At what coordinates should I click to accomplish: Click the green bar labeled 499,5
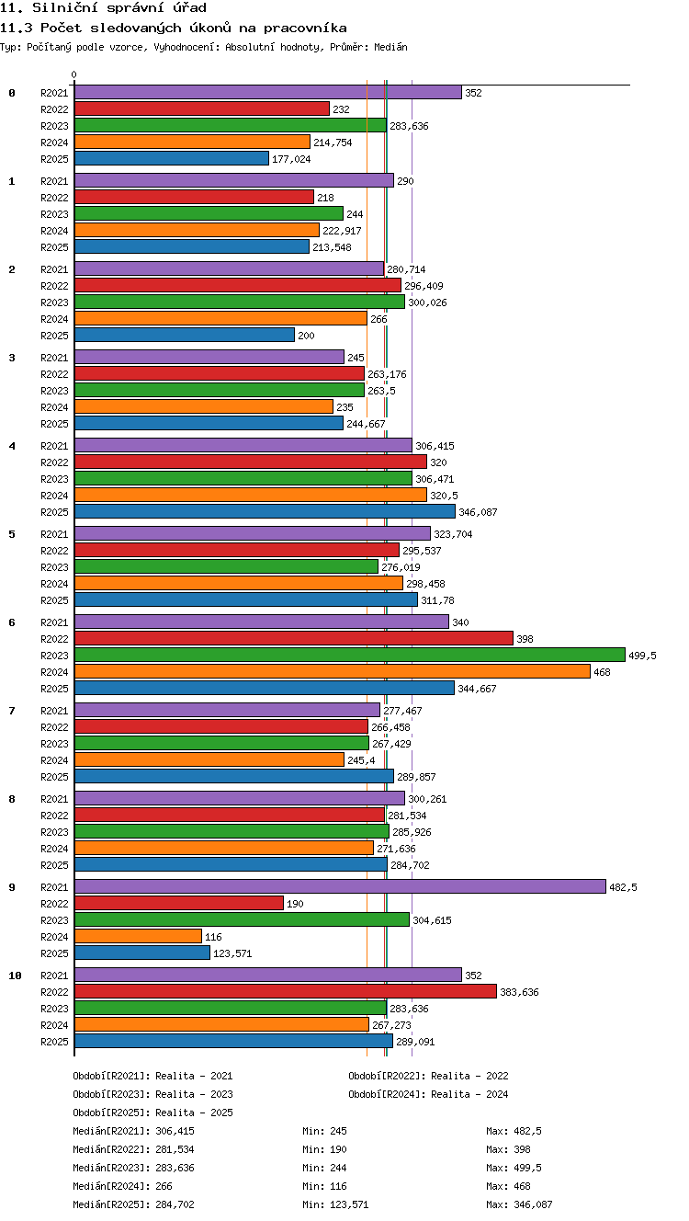pos(350,655)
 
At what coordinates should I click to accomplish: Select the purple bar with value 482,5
pos(340,886)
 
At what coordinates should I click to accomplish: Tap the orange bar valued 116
pos(139,936)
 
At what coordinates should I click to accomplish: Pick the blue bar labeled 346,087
pos(265,511)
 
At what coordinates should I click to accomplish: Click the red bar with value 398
pos(294,638)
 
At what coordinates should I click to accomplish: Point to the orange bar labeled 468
pos(333,671)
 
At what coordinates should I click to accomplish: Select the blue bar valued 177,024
pos(172,158)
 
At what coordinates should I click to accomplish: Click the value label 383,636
pos(519,992)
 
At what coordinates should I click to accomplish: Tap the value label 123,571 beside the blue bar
pos(232,953)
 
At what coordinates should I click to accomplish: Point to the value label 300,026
pos(427,302)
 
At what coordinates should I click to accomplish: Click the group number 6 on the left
pos(12,622)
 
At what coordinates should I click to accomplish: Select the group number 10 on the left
pos(16,976)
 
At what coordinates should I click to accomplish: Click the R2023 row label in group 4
pos(54,479)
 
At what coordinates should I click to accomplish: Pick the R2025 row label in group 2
pos(54,336)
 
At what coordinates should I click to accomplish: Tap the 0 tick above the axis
pos(74,74)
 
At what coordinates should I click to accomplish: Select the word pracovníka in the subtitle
pos(305,28)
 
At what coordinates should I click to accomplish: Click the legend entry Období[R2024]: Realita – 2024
pos(428,1094)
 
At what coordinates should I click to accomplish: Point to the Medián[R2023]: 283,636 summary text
pos(133,1168)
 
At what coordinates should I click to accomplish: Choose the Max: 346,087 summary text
pos(519,1204)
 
